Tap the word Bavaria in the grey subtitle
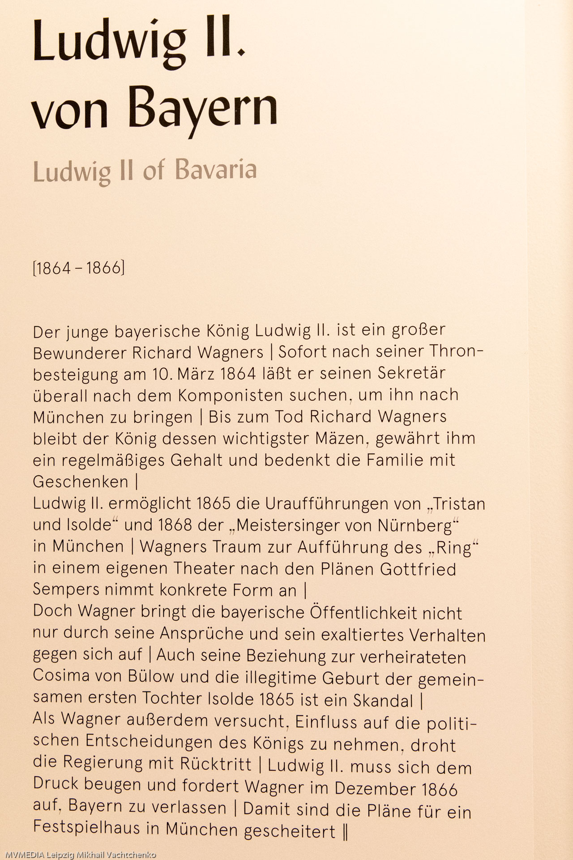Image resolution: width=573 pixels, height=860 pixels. [216, 170]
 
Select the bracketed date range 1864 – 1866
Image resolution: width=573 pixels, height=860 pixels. [79, 268]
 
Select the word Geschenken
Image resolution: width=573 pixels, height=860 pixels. [81, 482]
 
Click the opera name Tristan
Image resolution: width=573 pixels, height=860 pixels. [459, 504]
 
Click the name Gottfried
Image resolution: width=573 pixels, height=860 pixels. [418, 569]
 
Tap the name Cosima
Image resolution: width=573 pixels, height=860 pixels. [61, 675]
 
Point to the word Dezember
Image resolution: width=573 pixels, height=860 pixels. [375, 788]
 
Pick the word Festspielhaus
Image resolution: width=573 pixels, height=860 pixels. [86, 827]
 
